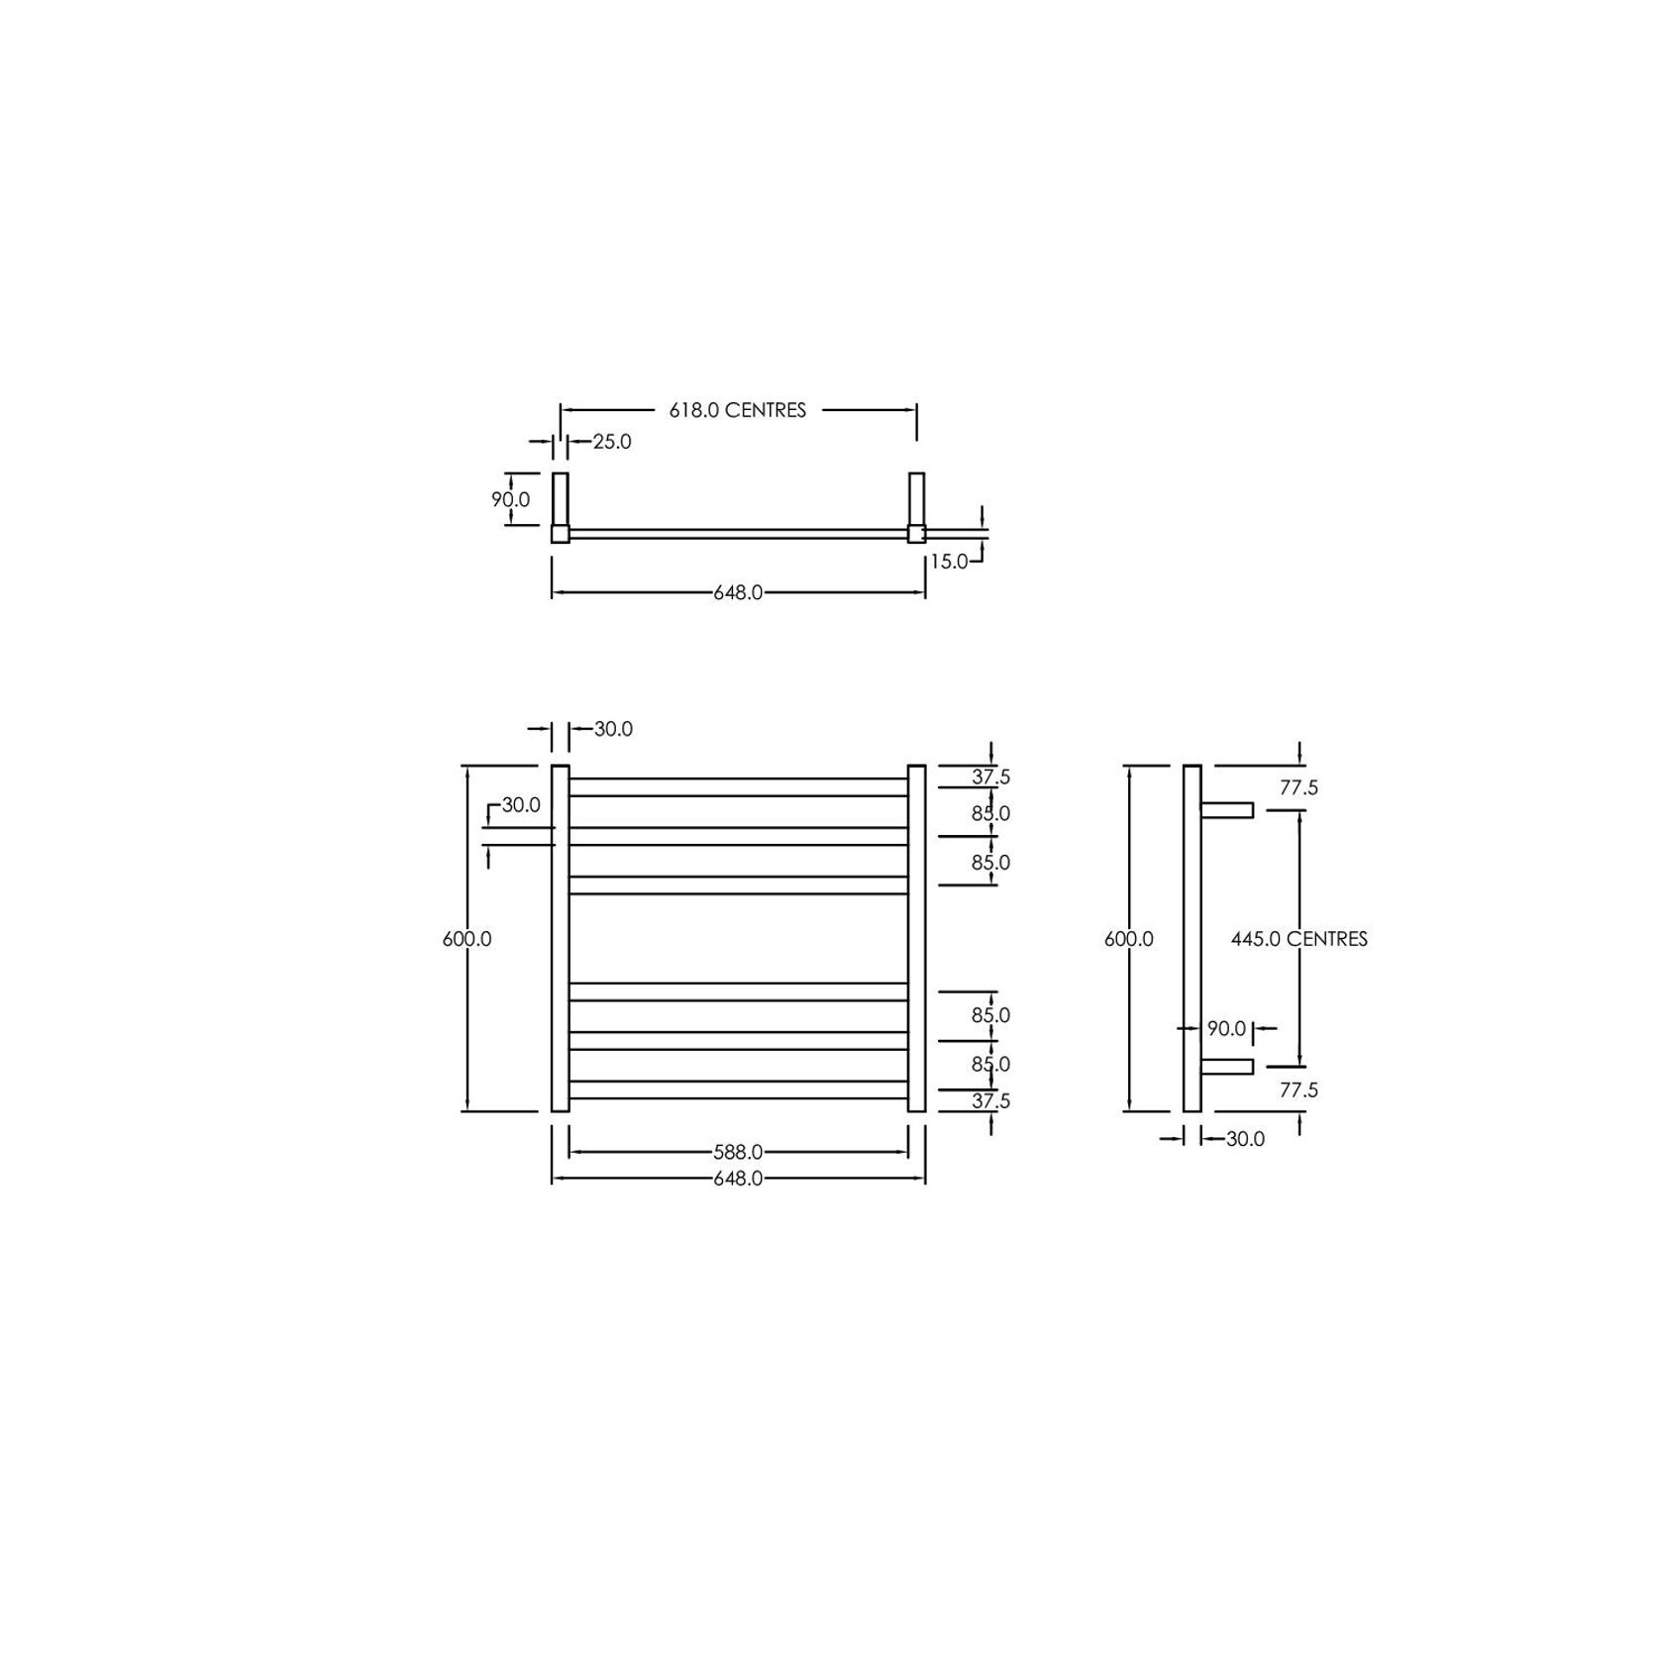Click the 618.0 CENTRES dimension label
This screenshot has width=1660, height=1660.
pos(737,410)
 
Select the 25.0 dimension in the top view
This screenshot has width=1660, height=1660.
pos(612,442)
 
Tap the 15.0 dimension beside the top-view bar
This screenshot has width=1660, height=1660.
pos(948,562)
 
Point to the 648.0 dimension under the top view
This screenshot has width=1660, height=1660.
pos(738,593)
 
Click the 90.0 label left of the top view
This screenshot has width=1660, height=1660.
pos(510,500)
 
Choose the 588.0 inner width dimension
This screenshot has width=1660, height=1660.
pos(738,1152)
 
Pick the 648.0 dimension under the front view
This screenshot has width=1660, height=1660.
pos(738,1179)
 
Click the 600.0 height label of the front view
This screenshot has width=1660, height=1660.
pos(467,939)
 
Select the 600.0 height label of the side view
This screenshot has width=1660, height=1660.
pos(1129,939)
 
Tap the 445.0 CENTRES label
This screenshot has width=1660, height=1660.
pos(1298,939)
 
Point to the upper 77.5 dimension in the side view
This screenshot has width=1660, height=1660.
pos(1298,788)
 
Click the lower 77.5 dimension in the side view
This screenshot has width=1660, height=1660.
pos(1298,1090)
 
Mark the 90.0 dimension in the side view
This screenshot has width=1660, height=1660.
pos(1226,1029)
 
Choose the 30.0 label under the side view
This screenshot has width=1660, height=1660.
pos(1245,1139)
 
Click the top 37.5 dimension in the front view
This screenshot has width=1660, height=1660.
pos(990,778)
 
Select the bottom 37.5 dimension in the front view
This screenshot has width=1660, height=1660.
pos(990,1101)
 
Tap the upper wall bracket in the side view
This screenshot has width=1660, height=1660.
pos(1227,810)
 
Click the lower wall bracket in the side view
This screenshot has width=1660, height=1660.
pos(1227,1067)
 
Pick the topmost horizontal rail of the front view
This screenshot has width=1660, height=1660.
pos(738,786)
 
